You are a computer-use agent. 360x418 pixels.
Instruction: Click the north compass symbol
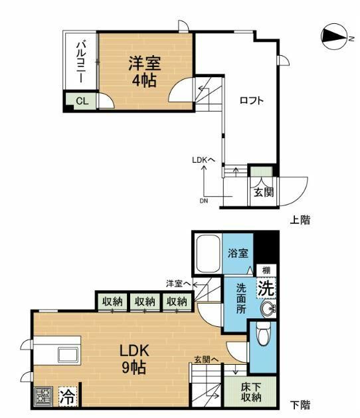(333, 37)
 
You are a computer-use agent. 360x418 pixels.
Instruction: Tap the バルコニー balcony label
(79, 62)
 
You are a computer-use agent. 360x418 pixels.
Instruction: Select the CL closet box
(80, 102)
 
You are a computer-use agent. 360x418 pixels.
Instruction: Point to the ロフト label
(252, 101)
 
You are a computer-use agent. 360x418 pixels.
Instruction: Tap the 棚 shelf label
(265, 270)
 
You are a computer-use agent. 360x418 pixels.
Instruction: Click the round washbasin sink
(268, 309)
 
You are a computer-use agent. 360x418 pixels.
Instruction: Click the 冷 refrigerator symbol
(67, 397)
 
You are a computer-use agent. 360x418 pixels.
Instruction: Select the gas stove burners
(44, 397)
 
